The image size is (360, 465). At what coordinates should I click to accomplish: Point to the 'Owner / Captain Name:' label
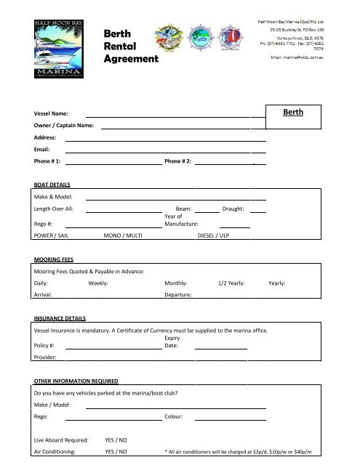[x=64, y=126]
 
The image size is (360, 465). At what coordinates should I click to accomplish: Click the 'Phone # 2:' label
[x=178, y=161]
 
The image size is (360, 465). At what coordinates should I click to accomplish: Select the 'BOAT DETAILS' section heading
[x=52, y=185]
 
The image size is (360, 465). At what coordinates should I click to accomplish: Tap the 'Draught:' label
[x=236, y=209]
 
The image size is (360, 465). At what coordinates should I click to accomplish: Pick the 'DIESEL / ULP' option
[x=214, y=235]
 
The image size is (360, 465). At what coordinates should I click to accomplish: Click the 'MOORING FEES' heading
[x=55, y=259]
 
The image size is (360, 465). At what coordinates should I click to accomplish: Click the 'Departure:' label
[x=178, y=295]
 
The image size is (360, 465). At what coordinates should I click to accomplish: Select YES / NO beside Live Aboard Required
[x=117, y=440]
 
